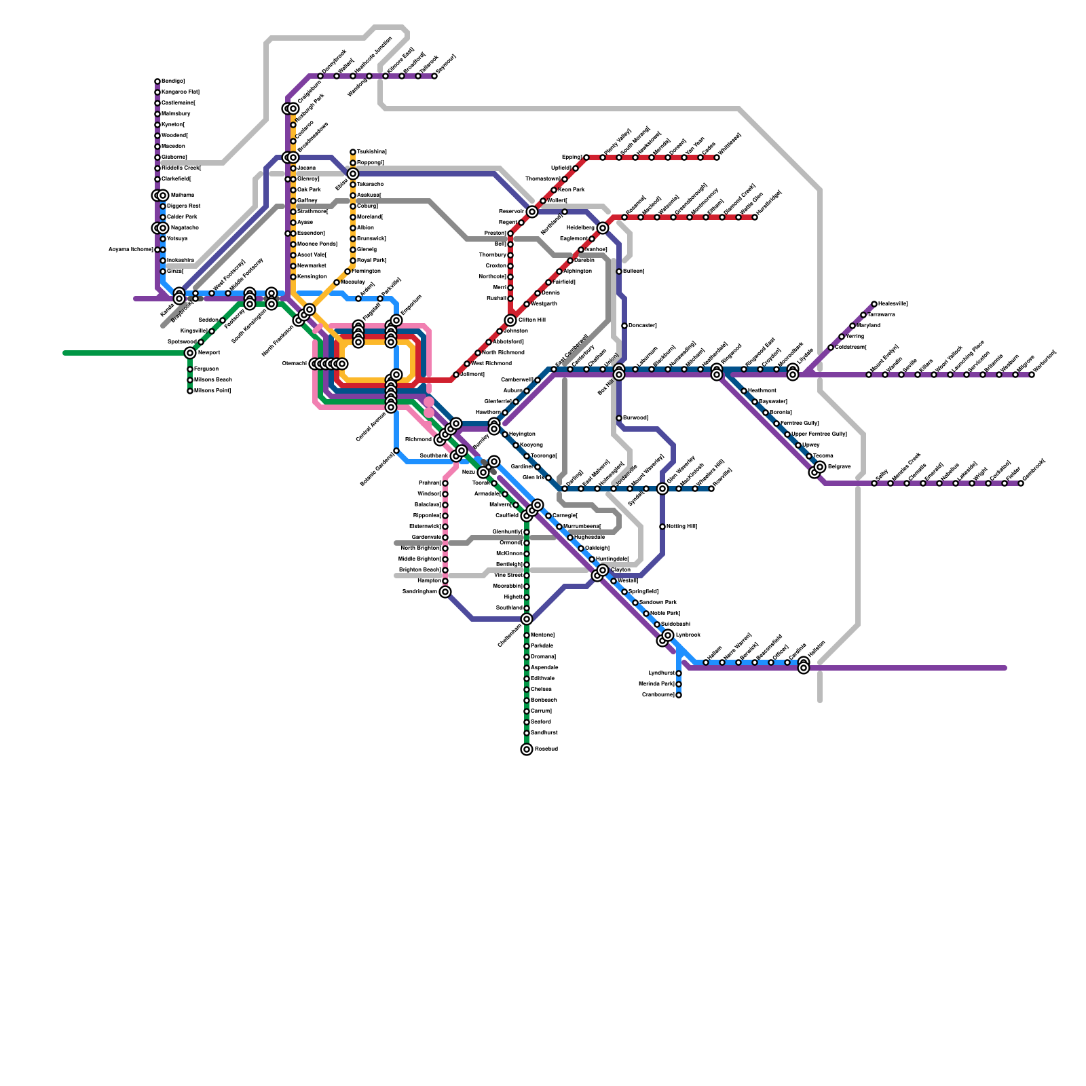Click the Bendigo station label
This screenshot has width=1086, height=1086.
173,81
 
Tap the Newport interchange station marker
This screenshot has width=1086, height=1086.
190,353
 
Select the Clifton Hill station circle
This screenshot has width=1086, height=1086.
510,320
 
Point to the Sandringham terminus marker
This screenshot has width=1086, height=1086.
445,592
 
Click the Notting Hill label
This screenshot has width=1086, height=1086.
681,527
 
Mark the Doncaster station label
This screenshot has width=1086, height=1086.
642,326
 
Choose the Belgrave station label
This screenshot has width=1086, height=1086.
839,467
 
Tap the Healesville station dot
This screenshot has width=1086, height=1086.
874,304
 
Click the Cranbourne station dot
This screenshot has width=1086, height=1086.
679,695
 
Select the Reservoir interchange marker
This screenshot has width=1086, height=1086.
532,212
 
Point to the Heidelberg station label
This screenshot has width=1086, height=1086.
580,227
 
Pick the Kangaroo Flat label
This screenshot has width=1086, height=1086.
181,92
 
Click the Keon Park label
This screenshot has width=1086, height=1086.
571,190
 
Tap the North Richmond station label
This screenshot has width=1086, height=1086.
503,353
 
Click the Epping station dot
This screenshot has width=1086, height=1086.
586,157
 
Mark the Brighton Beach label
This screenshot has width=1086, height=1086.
419,570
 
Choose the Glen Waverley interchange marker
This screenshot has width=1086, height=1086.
662,489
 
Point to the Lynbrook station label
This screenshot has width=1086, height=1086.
688,635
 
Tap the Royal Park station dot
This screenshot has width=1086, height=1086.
353,261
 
